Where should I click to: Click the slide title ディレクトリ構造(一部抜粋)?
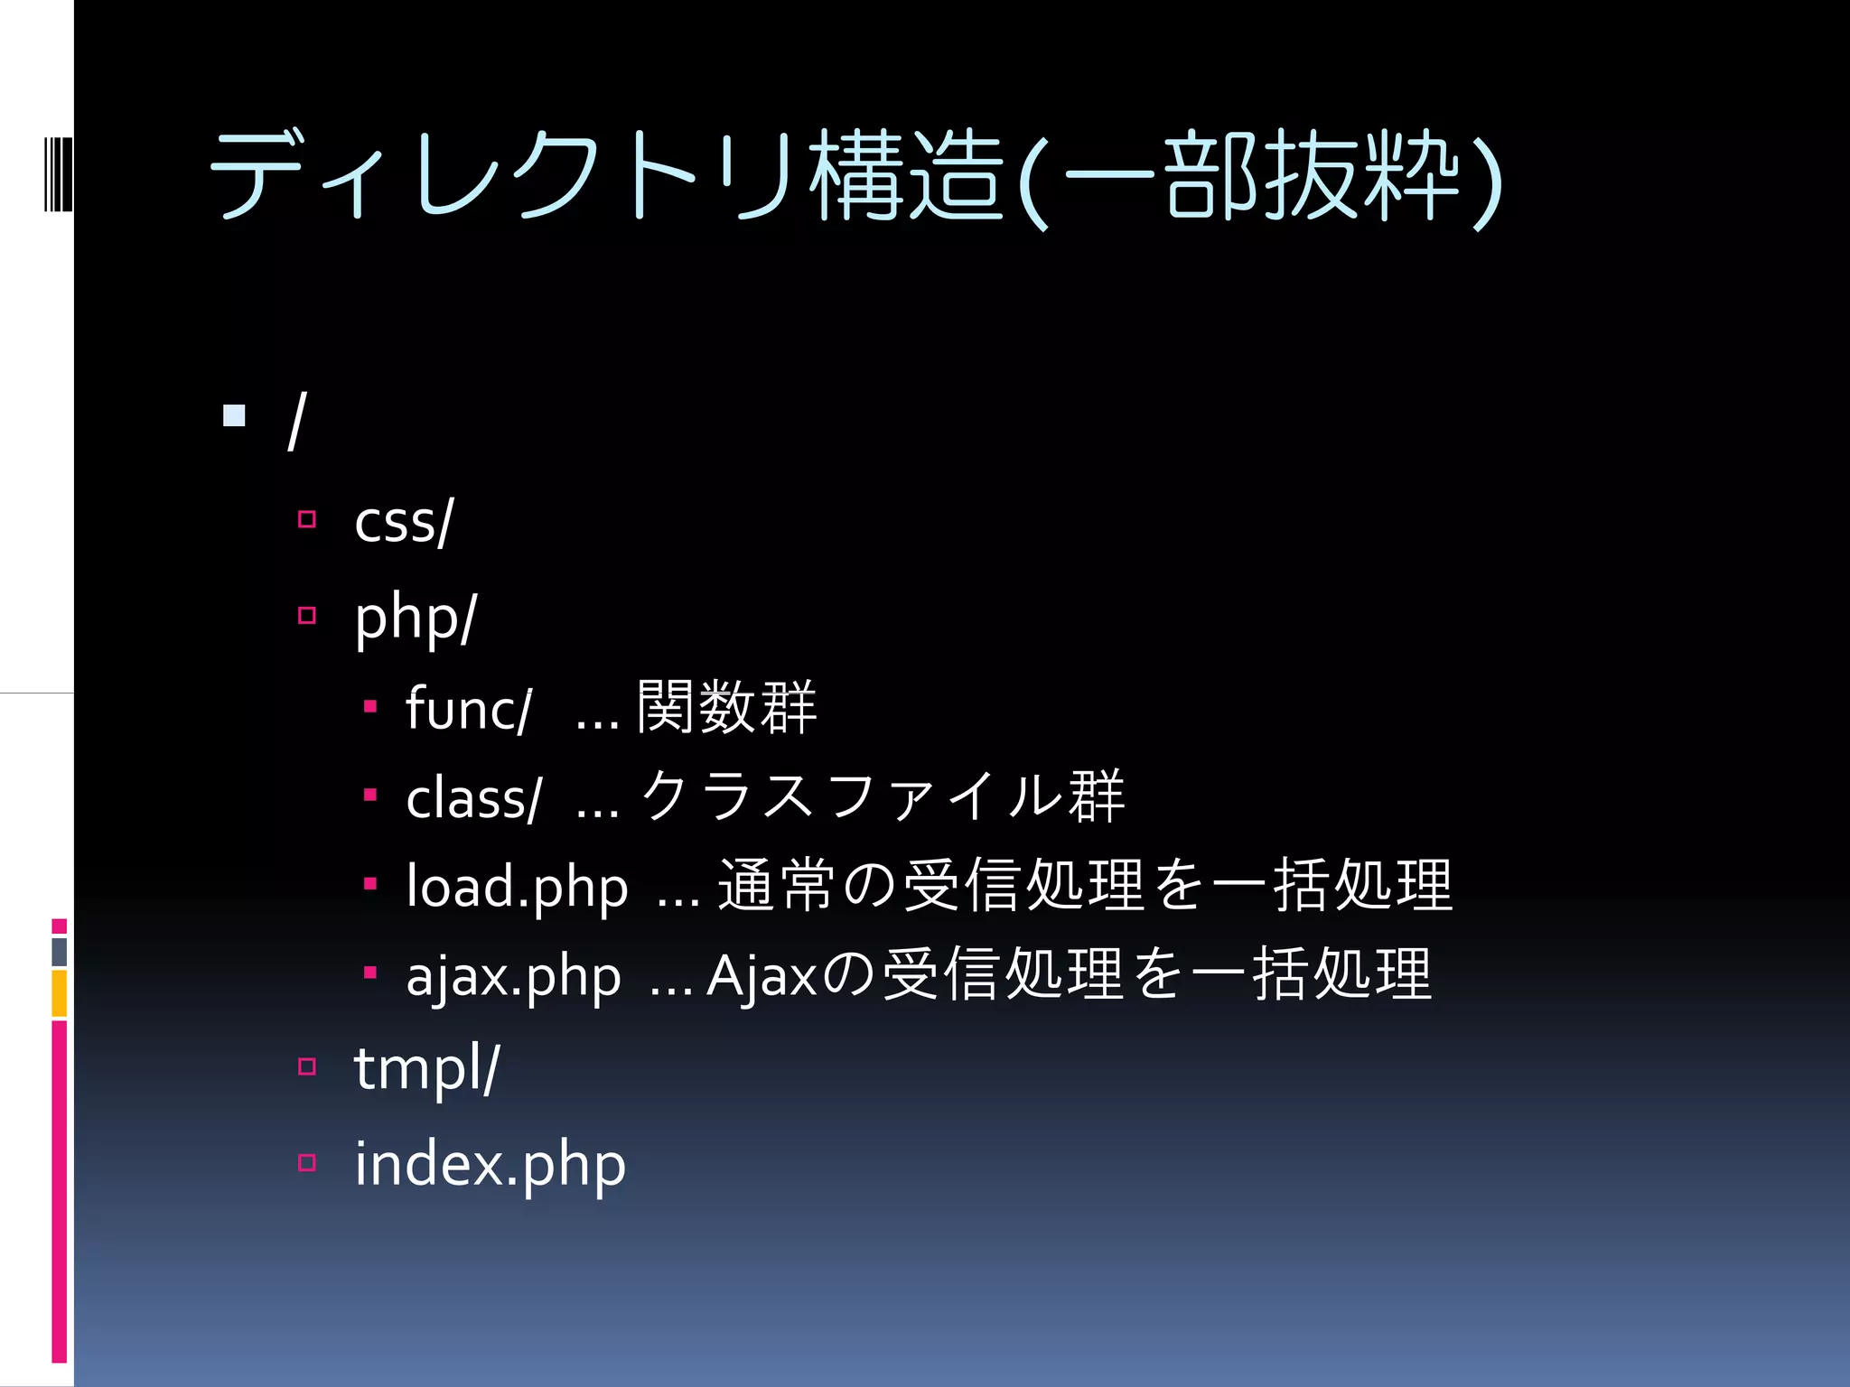(854, 176)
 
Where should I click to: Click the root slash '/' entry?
(296, 420)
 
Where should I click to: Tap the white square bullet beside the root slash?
(234, 415)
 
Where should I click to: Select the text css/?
(403, 522)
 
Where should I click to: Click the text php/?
(415, 619)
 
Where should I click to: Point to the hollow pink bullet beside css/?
(307, 519)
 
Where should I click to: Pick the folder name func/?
(468, 708)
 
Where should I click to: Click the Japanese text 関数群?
(726, 707)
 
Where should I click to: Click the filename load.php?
(517, 887)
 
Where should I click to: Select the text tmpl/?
(426, 1069)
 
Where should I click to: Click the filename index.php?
(490, 1165)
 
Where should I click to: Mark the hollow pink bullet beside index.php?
(307, 1162)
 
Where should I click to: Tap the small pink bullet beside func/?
(369, 706)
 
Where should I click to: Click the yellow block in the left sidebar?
(60, 993)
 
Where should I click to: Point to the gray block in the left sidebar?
(60, 952)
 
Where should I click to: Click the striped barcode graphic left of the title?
(58, 173)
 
